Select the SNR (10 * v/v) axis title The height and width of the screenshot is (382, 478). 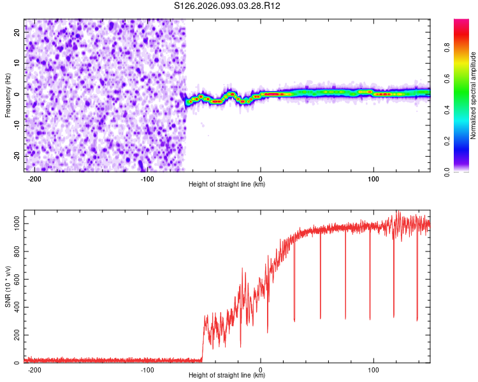(8, 286)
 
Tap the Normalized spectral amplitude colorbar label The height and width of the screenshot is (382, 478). (473, 95)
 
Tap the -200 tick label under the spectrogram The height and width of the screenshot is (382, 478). (34, 179)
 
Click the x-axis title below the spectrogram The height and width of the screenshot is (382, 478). (227, 185)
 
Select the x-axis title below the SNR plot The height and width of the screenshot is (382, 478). (227, 376)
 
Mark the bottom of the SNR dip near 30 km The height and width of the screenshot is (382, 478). (294, 321)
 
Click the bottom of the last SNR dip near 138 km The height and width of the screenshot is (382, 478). (417, 320)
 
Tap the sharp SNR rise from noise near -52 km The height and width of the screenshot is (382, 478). (203, 337)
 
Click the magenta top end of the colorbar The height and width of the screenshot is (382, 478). (461, 22)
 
